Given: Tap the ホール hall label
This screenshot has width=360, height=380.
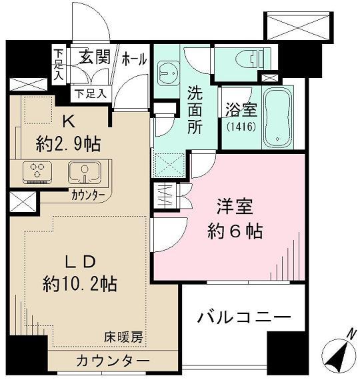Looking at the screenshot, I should click(133, 59).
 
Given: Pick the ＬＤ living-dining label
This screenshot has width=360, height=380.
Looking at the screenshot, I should click(82, 260).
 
